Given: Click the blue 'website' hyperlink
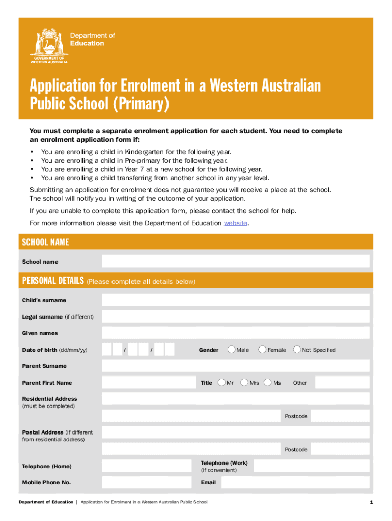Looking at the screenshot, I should click(x=236, y=223).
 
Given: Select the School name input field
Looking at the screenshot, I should click(x=235, y=261).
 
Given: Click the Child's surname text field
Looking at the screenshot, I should click(x=235, y=300).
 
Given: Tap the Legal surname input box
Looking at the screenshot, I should click(x=235, y=316).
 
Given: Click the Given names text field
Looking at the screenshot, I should click(x=235, y=333).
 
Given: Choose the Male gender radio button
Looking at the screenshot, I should click(x=232, y=350).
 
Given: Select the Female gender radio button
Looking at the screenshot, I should click(x=262, y=350).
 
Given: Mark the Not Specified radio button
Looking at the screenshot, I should click(x=297, y=350).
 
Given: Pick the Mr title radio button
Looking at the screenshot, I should click(x=221, y=382).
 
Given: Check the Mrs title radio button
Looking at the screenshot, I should click(x=245, y=382).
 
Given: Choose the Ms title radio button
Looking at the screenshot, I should click(x=268, y=382).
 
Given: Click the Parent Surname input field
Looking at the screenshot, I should click(x=235, y=366).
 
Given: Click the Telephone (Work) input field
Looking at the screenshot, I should click(x=311, y=466).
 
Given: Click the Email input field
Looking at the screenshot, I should click(x=295, y=482).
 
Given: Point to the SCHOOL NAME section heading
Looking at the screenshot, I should click(x=46, y=242).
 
